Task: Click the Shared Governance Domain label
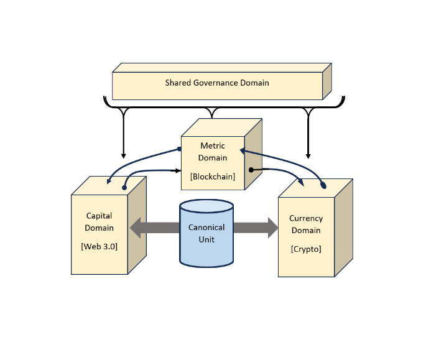point(217,83)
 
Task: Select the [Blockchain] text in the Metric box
point(213,177)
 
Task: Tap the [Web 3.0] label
point(99,246)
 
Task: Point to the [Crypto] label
point(306,249)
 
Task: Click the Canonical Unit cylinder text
point(206,233)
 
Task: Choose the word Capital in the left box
point(99,216)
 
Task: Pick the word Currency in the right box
point(306,218)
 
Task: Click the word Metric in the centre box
point(213,146)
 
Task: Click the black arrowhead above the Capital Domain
point(123,155)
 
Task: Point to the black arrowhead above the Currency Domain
point(308,155)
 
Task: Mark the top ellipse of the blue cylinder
point(206,206)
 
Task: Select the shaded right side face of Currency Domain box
point(343,228)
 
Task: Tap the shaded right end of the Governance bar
point(327,81)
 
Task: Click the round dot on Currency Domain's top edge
point(323,185)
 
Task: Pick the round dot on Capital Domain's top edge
point(125,187)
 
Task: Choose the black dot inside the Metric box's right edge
point(251,170)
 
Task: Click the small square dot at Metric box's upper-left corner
point(180,149)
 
